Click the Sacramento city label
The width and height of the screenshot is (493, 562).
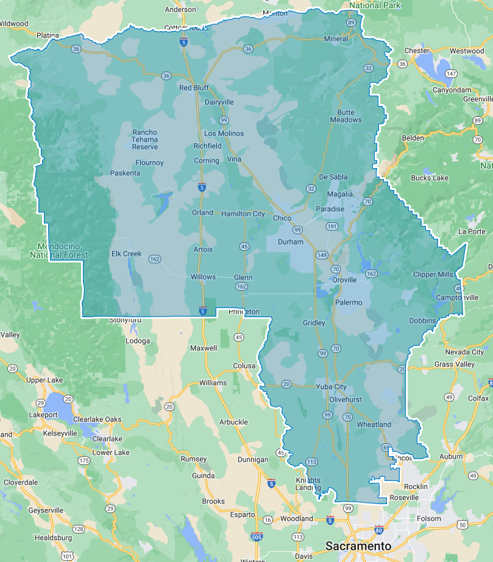(x=358, y=546)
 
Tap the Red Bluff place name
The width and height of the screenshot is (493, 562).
(x=194, y=88)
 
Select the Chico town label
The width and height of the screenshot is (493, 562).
(x=282, y=218)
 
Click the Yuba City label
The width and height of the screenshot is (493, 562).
(x=331, y=387)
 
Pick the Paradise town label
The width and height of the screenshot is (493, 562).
(x=330, y=209)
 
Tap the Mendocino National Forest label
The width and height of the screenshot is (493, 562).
(x=59, y=251)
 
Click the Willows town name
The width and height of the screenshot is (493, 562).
(x=203, y=276)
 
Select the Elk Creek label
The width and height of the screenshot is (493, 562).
(x=126, y=254)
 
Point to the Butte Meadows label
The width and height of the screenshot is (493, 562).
(x=346, y=116)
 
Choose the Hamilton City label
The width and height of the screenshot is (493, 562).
(x=243, y=214)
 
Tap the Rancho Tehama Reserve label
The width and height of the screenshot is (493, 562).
(x=144, y=139)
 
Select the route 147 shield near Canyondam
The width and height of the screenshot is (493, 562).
(x=450, y=74)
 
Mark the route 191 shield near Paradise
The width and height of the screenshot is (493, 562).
(x=332, y=226)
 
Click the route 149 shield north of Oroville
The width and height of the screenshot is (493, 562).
(x=321, y=255)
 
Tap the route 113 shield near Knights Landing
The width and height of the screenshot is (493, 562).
(x=311, y=462)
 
